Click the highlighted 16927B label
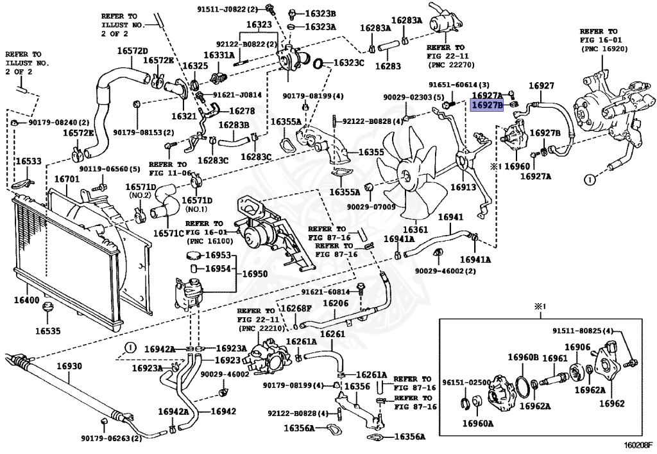pos(488,106)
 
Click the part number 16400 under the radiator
pos(26,300)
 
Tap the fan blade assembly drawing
pos(409,175)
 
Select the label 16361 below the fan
pos(415,230)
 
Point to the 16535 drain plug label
pos(47,331)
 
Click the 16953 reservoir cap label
pos(218,256)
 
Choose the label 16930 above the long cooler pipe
pos(69,366)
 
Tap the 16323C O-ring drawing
pos(318,64)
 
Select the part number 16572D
pos(132,51)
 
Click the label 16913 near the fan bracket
pos(463,187)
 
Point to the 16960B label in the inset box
pos(524,357)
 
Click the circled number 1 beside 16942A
pos(130,347)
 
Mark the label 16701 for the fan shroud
pos(67,179)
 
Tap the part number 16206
pos(336,302)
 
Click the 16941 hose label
pos(450,217)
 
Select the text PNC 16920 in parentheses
pos(604,49)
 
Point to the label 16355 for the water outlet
pos(371,152)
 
